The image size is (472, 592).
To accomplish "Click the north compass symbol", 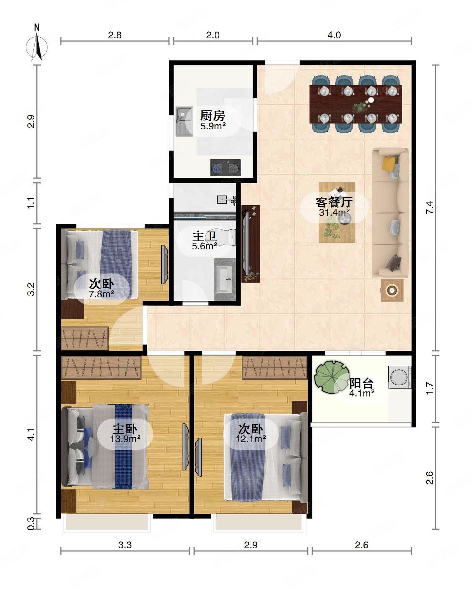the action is (x=37, y=44).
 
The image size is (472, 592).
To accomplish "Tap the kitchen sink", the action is (x=184, y=121).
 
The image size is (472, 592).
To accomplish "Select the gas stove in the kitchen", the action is (x=225, y=168).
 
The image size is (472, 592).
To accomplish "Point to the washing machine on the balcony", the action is (x=400, y=377).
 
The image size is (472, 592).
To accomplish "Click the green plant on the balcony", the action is (x=332, y=377).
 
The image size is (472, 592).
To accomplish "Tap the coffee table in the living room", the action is (x=337, y=212).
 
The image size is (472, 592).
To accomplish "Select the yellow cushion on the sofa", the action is (x=389, y=163).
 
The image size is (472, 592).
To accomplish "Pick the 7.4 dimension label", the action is (x=430, y=208).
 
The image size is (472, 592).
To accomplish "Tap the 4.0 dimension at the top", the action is (x=334, y=35).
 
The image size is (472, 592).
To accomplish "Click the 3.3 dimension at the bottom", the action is (x=125, y=545).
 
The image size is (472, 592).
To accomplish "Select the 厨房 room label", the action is (x=212, y=116).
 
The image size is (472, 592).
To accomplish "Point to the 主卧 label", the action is (x=125, y=429).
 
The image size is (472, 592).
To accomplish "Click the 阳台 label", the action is (x=362, y=383).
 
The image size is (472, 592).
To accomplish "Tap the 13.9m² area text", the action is (x=125, y=439).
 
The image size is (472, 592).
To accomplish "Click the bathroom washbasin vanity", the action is (x=225, y=279).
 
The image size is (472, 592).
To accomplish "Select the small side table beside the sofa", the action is (x=392, y=290).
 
